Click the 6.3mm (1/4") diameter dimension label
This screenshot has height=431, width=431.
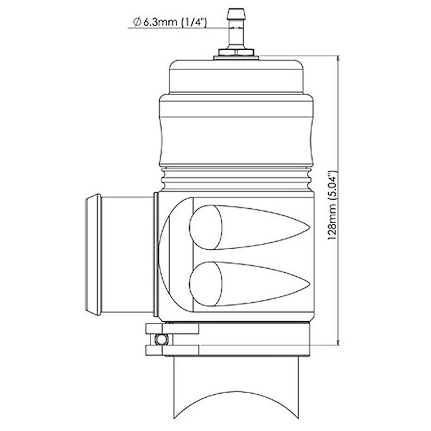tap(170, 22)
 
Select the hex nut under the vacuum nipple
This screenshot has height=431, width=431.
tap(236, 53)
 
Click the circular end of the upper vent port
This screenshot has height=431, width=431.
tap(206, 227)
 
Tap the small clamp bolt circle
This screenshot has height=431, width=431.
tap(160, 339)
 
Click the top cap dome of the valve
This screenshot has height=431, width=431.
tap(236, 76)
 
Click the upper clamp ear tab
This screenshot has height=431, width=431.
tap(172, 328)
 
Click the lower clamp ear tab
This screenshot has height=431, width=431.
tap(172, 350)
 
